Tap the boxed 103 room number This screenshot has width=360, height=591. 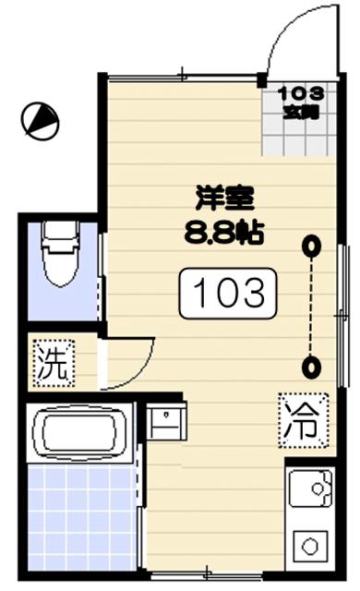tap(228, 293)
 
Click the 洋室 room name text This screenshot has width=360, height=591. tap(223, 198)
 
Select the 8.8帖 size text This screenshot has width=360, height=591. tap(223, 231)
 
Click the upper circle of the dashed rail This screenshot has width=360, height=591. tap(314, 246)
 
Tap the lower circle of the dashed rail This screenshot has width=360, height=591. tap(314, 368)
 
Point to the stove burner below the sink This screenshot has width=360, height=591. tap(309, 546)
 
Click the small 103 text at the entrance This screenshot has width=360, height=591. tap(302, 93)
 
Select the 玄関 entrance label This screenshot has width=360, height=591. tap(302, 112)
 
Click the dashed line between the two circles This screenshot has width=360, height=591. tap(314, 307)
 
